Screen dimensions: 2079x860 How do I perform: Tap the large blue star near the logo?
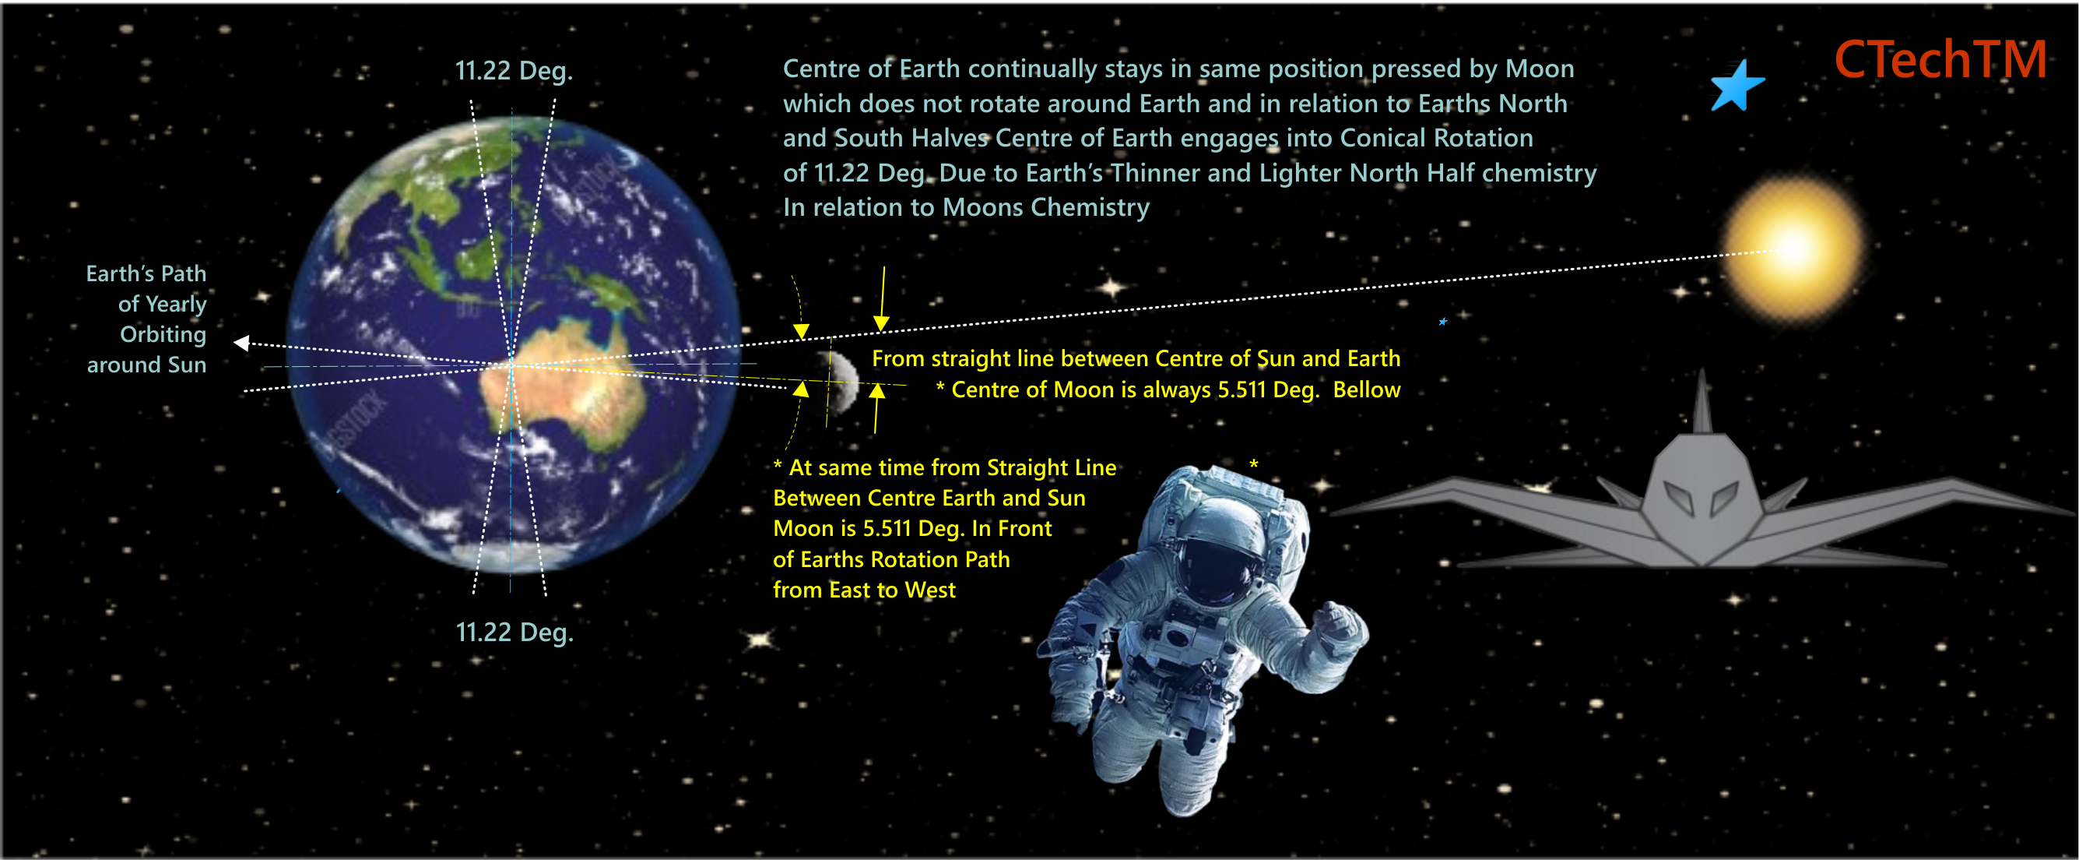tap(1737, 86)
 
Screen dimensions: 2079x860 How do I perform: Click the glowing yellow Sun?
tap(1793, 248)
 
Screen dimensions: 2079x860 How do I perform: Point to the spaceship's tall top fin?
tap(1702, 401)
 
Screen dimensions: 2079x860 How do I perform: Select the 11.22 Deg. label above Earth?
tap(514, 70)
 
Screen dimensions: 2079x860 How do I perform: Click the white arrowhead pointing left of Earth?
tap(241, 344)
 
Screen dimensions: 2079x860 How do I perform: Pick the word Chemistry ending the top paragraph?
tap(1090, 207)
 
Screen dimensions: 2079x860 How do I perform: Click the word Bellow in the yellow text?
tap(1366, 389)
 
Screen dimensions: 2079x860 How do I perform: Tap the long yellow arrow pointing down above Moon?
tap(883, 298)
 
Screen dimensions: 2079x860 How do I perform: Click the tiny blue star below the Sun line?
tap(1443, 322)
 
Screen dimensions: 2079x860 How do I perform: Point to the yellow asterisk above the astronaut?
tap(1254, 463)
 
